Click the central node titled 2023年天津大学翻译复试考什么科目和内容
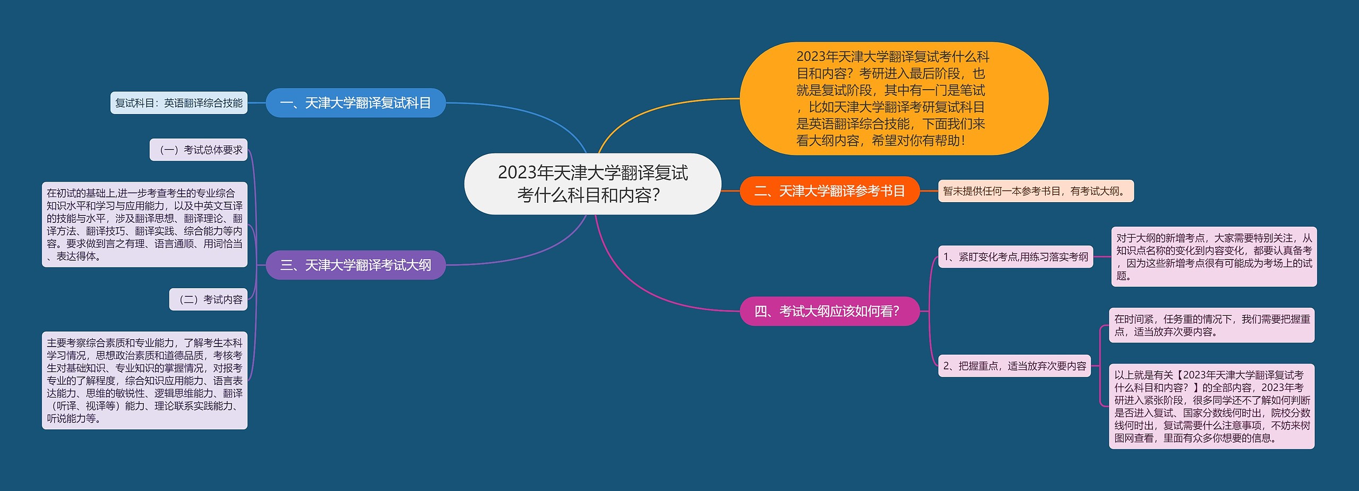click(592, 184)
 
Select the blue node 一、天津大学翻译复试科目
click(355, 103)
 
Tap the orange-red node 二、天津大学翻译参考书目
click(829, 191)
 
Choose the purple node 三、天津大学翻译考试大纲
click(355, 265)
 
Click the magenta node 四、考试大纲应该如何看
click(829, 311)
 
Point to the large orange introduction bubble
click(893, 99)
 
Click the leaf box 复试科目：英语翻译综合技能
click(179, 103)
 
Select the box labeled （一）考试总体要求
click(199, 150)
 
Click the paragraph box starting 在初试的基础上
click(144, 225)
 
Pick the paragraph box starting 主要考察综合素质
click(144, 380)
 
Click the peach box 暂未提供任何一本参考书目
click(1035, 191)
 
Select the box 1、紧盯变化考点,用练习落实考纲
click(1015, 257)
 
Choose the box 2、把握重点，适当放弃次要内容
click(1014, 366)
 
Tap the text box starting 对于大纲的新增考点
click(1214, 257)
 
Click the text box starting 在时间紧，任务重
click(1211, 325)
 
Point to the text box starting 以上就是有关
click(1211, 406)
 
